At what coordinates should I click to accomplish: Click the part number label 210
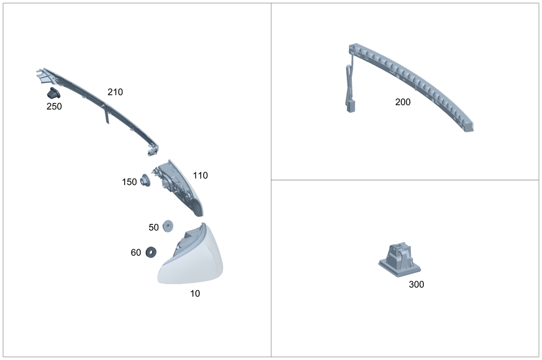point(115,92)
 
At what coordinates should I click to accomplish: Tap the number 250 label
point(54,106)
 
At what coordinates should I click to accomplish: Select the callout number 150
point(130,182)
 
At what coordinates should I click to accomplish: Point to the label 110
point(200,176)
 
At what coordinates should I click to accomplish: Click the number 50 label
point(153,228)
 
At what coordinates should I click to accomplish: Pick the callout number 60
point(136,253)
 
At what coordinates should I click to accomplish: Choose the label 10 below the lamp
point(195,294)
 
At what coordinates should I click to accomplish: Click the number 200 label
point(403,102)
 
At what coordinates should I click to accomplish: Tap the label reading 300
point(416,284)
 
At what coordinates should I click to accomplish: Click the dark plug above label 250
point(53,94)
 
